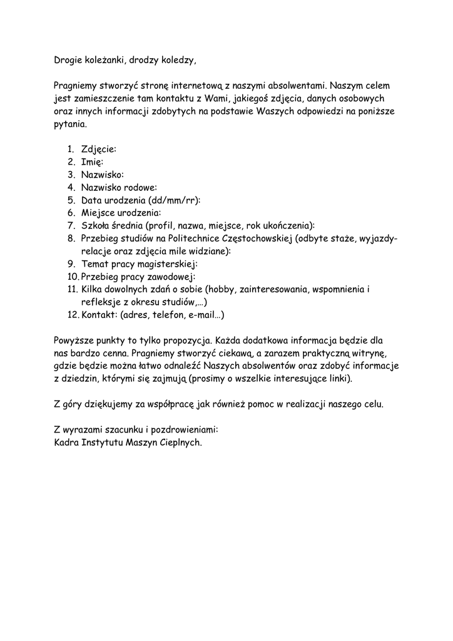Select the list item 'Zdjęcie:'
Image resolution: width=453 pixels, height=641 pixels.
pyautogui.click(x=99, y=149)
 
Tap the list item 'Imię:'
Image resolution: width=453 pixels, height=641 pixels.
pyautogui.click(x=93, y=162)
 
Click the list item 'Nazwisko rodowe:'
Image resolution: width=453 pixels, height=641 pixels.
pyautogui.click(x=119, y=187)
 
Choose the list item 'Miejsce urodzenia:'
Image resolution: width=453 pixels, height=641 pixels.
pyautogui.click(x=121, y=213)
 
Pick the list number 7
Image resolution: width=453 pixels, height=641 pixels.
pyautogui.click(x=71, y=226)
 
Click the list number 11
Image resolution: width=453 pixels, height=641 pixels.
pyautogui.click(x=71, y=289)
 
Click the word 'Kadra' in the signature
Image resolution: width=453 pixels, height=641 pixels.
pyautogui.click(x=67, y=443)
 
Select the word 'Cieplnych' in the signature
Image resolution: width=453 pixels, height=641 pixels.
pyautogui.click(x=180, y=443)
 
